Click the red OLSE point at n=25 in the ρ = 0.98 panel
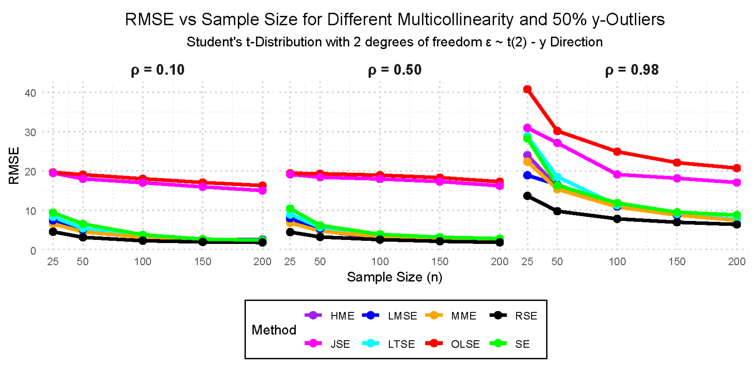(x=527, y=89)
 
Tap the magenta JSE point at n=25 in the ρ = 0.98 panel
(x=527, y=128)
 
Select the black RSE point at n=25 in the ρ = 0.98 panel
(x=527, y=196)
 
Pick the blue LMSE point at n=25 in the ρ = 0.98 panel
(x=527, y=175)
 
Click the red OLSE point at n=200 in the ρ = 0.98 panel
(x=737, y=168)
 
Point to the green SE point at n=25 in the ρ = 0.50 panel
(x=290, y=209)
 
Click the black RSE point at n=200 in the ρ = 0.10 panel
(x=263, y=243)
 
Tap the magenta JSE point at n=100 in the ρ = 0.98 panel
(x=617, y=175)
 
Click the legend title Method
(x=274, y=330)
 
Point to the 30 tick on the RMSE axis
(x=31, y=132)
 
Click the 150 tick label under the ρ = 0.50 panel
(x=440, y=262)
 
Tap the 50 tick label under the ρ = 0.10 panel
(x=83, y=262)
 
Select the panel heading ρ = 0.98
(x=632, y=70)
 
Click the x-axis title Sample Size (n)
(x=394, y=277)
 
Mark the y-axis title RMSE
(x=14, y=165)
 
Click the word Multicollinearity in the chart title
(x=455, y=20)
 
